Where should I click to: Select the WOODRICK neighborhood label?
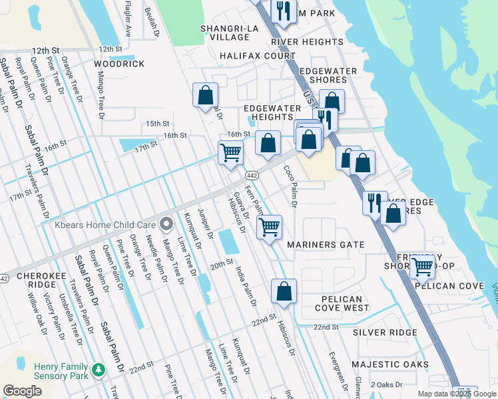point(119,64)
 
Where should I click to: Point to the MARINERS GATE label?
point(326,245)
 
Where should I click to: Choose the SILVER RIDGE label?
point(385,332)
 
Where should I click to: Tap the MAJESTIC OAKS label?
point(389,364)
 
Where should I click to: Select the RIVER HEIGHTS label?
point(307,42)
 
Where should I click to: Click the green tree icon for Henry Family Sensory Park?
point(99,368)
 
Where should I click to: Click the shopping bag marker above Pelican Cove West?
point(284,291)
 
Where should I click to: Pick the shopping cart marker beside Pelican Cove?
point(422,267)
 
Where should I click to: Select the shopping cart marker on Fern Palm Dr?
point(269,227)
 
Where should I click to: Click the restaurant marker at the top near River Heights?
point(283,11)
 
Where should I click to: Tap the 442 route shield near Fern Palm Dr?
point(251,175)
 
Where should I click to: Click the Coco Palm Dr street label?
point(290,186)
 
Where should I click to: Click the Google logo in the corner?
point(22,391)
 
